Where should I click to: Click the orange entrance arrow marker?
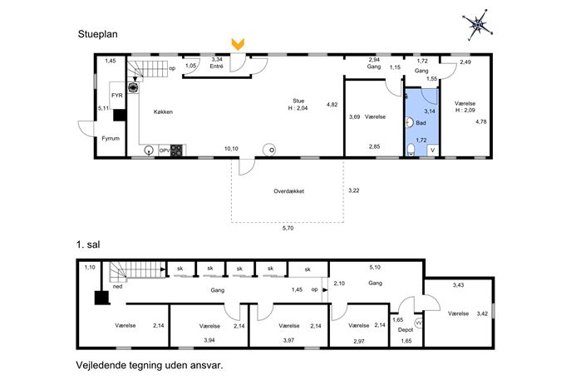pyautogui.click(x=238, y=44)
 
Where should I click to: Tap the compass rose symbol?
pyautogui.click(x=478, y=25)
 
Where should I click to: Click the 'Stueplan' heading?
pyautogui.click(x=97, y=34)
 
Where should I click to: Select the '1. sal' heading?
pyautogui.click(x=88, y=244)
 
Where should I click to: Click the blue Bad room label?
pyautogui.click(x=421, y=123)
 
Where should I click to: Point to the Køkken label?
pyautogui.click(x=163, y=112)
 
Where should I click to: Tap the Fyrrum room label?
pyautogui.click(x=111, y=139)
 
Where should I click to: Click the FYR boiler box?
pyautogui.click(x=117, y=95)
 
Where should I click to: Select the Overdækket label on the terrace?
pyautogui.click(x=288, y=191)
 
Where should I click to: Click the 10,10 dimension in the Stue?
pyautogui.click(x=231, y=149)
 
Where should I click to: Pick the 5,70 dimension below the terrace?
pyautogui.click(x=288, y=229)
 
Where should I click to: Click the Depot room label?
pyautogui.click(x=406, y=330)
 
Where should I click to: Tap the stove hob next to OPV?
pyautogui.click(x=176, y=151)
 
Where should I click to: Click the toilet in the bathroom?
pyautogui.click(x=411, y=150)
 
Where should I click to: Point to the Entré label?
pyautogui.click(x=216, y=67)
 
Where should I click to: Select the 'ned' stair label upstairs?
pyautogui.click(x=118, y=287)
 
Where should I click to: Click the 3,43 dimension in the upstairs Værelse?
pyautogui.click(x=458, y=285)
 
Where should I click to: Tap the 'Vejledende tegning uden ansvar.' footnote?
pyautogui.click(x=150, y=365)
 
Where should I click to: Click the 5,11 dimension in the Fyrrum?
pyautogui.click(x=104, y=108)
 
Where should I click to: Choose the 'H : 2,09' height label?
pyautogui.click(x=465, y=110)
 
